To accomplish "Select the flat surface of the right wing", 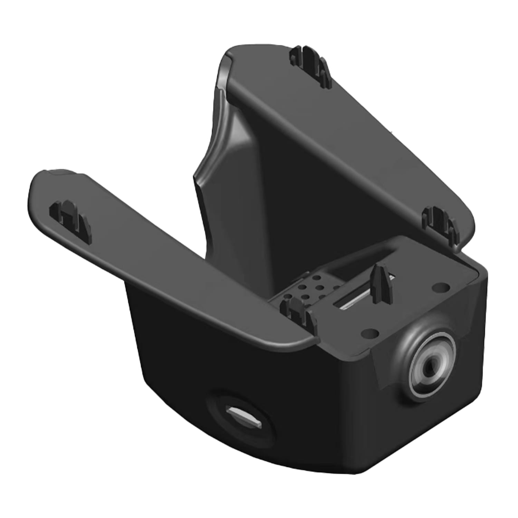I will [345, 138].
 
